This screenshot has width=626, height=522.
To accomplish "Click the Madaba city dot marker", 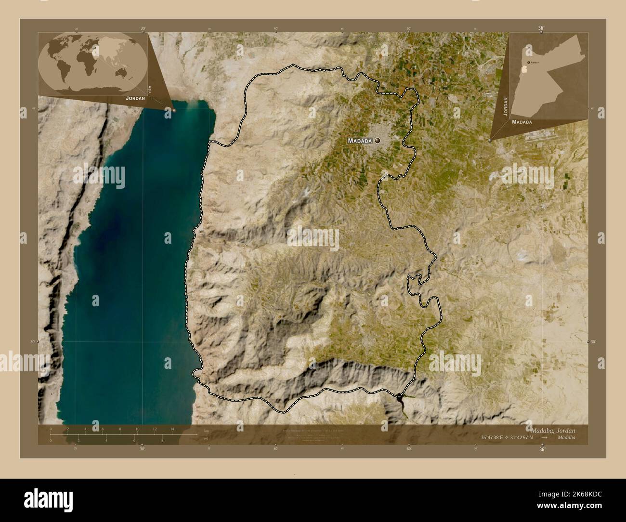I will point(377,141).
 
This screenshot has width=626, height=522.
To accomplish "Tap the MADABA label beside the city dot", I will point(360,141).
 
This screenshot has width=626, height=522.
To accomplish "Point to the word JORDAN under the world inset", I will point(135,98).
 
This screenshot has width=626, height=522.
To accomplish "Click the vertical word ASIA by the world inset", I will point(150,89).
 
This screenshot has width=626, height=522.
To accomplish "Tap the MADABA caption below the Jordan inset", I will point(522,122).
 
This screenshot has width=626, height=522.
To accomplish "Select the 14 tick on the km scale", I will point(172,429).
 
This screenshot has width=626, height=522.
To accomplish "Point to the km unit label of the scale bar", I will point(207,431).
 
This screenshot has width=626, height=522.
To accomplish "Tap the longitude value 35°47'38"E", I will point(497,438).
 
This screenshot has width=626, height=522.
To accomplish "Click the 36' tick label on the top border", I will point(541,28).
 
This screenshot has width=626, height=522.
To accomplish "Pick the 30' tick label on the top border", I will point(143,28).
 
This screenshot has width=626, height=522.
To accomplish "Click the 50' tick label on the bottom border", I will point(409,449).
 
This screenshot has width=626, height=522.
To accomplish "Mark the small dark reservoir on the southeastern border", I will point(400,396).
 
